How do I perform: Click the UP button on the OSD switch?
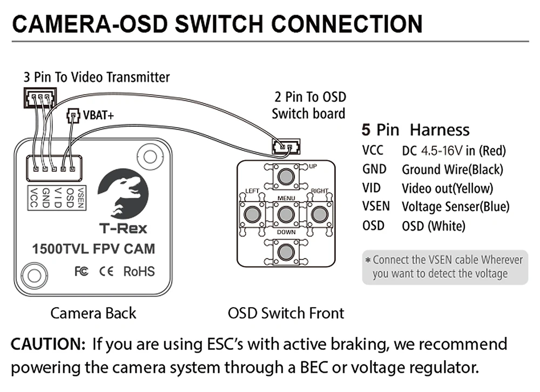(x=286, y=176)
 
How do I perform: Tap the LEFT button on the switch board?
(x=251, y=215)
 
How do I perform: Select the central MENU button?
(x=286, y=215)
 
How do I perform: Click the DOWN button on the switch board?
(x=286, y=252)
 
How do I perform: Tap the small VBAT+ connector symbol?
(x=73, y=116)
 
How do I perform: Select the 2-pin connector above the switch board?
(x=286, y=146)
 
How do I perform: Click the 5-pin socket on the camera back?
(x=54, y=168)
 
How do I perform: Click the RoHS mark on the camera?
(x=139, y=271)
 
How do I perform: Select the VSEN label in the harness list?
(x=375, y=206)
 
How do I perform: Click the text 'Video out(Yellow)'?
(x=447, y=188)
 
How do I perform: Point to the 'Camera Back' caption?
(x=93, y=313)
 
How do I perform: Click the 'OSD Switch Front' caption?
(x=286, y=313)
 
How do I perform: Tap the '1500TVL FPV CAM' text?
(x=93, y=249)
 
